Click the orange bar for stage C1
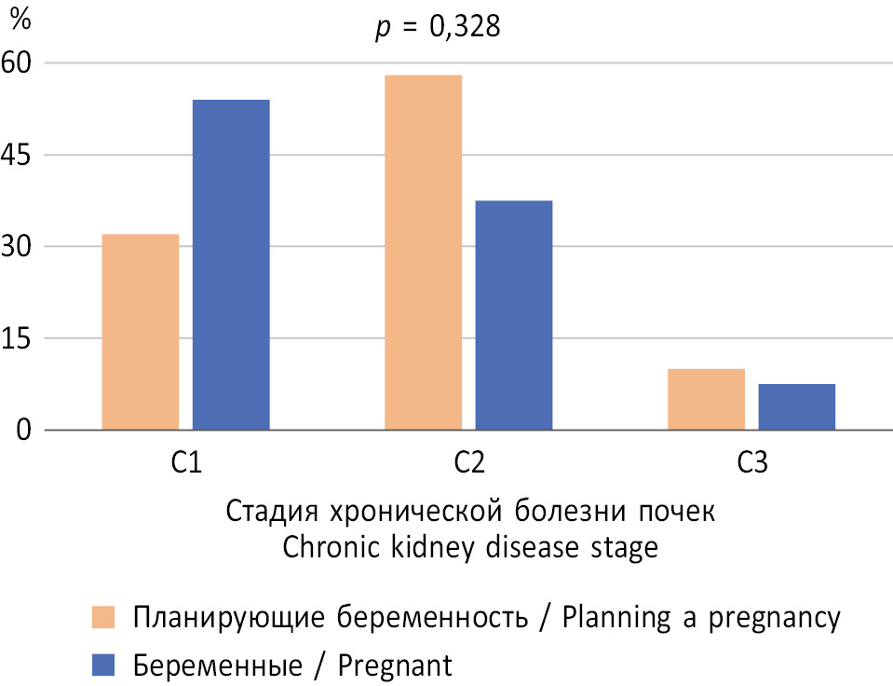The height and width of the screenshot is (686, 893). (140, 333)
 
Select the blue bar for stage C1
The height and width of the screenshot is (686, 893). (231, 266)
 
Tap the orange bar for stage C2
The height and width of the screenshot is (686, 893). (423, 253)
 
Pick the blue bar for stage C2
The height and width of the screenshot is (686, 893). (513, 316)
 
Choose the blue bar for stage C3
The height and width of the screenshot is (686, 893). (796, 407)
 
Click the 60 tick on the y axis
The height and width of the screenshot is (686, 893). (20, 63)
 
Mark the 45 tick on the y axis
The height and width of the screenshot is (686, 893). (20, 155)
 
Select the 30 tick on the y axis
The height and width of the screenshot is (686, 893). (20, 247)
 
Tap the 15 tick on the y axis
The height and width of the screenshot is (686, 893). (20, 338)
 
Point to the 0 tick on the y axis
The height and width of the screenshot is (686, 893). (26, 431)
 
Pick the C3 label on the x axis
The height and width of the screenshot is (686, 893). (751, 463)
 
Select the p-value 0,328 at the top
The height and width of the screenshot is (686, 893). (437, 28)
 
